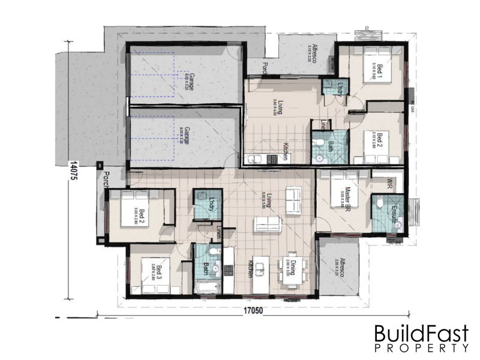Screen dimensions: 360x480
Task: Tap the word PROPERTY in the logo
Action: [421, 347]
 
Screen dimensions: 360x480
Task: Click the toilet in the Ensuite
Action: [379, 205]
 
